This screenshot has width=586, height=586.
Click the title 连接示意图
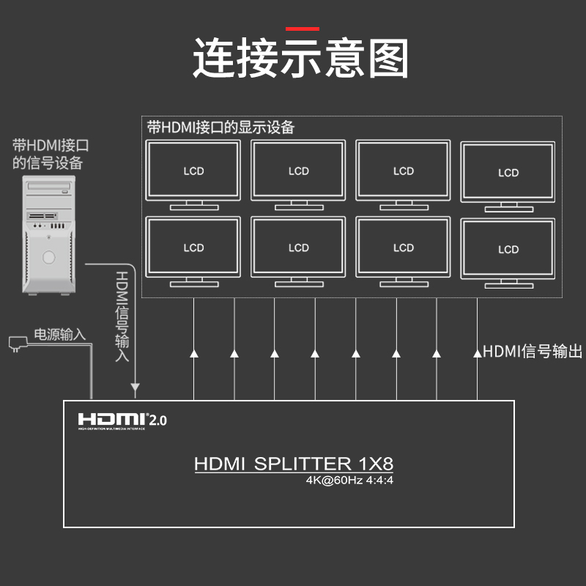tap(300, 59)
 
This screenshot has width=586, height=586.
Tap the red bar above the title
tap(303, 29)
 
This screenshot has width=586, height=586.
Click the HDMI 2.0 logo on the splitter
tap(122, 420)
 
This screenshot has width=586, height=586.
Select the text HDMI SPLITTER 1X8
tap(294, 464)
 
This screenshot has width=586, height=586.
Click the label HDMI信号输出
tap(533, 352)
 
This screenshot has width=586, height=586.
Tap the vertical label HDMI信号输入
tap(122, 316)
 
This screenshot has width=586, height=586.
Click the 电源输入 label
tap(60, 335)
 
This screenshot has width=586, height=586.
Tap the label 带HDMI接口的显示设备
tap(220, 127)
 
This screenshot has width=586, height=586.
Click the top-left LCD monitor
tap(193, 171)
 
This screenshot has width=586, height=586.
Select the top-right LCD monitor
tap(508, 173)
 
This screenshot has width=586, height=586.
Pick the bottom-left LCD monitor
tap(193, 248)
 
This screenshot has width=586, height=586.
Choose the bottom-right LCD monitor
tap(508, 249)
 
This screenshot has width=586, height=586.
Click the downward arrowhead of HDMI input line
tap(135, 387)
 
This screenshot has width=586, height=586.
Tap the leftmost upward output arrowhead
tap(194, 354)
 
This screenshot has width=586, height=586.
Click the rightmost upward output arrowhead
tap(477, 354)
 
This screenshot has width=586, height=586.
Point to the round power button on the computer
tap(49, 257)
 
